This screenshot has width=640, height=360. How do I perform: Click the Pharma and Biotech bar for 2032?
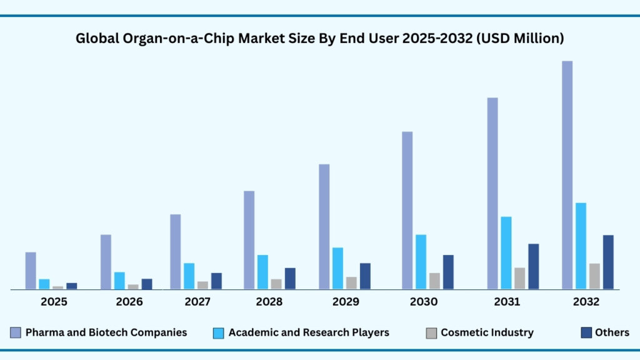[x=567, y=175]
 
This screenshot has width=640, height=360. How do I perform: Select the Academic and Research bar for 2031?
[x=506, y=252]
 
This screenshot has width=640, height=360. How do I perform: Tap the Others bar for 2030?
[x=448, y=272]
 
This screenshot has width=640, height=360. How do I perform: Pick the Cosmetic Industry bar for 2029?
[x=351, y=282]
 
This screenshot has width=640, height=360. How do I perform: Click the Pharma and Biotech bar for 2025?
[x=31, y=271]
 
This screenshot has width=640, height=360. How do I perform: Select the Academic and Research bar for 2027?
[x=189, y=276]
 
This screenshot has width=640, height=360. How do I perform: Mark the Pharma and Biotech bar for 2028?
[x=249, y=240]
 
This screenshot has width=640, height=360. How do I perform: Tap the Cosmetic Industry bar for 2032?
[x=594, y=276]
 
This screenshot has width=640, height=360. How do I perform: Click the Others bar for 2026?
[x=147, y=284]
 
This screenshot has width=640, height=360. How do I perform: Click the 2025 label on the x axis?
[x=54, y=302]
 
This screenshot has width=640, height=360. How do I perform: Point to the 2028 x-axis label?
[x=269, y=302]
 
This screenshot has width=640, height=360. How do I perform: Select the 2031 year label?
[x=507, y=302]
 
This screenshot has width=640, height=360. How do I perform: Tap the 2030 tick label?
[x=424, y=302]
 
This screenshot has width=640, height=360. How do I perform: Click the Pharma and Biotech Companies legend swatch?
[x=15, y=332]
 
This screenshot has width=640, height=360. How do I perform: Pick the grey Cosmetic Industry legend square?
[x=431, y=332]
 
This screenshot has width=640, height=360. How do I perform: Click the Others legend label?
[x=612, y=332]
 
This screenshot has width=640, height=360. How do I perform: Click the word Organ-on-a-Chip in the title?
[x=161, y=39]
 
